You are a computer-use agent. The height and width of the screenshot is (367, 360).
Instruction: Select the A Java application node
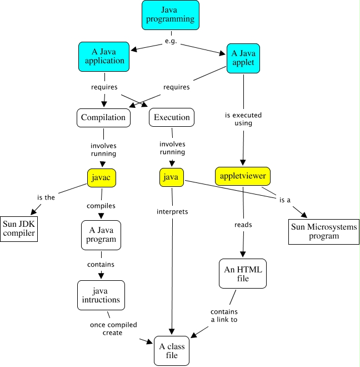tap(104, 56)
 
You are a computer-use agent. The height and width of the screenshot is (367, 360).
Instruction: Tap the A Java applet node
tap(243, 58)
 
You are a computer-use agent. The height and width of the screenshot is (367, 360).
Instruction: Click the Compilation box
tap(104, 117)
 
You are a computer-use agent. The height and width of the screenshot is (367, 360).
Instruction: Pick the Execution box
tap(172, 117)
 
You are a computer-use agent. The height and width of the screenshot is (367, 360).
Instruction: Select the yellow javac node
tap(102, 177)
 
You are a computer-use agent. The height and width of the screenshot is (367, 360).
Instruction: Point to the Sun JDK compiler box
tap(19, 228)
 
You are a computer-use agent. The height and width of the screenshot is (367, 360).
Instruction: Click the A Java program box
tap(101, 235)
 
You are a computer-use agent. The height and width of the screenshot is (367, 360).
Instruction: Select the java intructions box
tap(101, 295)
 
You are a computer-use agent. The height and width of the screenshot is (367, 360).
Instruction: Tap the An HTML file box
tap(243, 274)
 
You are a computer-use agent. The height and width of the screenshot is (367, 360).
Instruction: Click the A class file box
tap(172, 350)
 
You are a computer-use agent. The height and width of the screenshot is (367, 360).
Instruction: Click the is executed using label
tap(243, 119)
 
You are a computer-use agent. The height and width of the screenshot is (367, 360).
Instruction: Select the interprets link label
tap(172, 211)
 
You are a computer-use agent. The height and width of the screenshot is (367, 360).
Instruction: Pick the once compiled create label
tap(113, 328)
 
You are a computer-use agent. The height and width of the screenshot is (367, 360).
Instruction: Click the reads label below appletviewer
tap(243, 225)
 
